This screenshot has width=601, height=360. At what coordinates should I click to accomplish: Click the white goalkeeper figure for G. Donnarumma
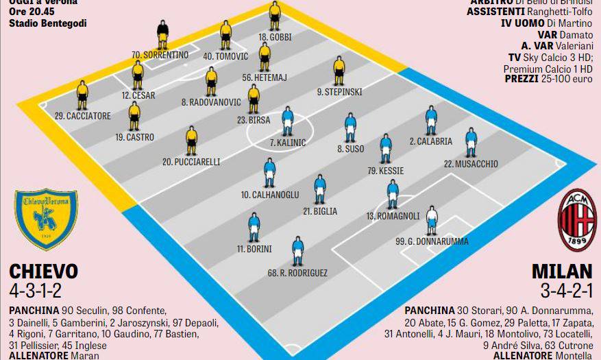[x=432, y=220]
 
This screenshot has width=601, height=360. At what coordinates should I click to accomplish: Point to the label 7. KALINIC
[x=288, y=143]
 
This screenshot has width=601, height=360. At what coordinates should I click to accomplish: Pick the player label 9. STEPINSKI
[x=339, y=92]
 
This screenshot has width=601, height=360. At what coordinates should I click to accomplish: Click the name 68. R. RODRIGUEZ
[x=297, y=273]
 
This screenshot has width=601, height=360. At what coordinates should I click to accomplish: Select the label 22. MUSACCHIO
[x=471, y=164]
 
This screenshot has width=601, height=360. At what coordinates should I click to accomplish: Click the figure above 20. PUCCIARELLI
[x=191, y=141]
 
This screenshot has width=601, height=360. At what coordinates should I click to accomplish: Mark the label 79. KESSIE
[x=386, y=170]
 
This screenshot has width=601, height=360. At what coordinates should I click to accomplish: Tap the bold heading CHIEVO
[x=44, y=270]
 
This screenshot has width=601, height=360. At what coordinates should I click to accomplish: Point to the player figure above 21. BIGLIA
[x=320, y=189]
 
